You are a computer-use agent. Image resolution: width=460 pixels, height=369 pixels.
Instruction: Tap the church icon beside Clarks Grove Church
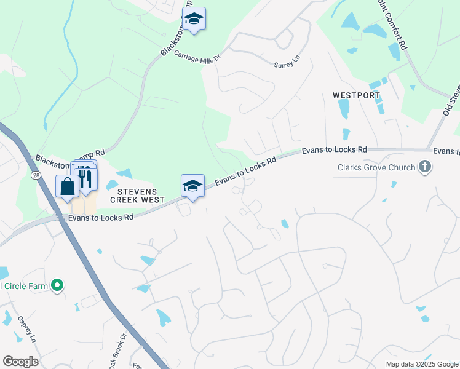click(424, 167)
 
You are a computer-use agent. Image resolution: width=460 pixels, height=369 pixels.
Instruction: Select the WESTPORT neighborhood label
click(356, 96)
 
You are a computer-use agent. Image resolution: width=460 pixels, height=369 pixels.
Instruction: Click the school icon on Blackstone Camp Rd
click(194, 19)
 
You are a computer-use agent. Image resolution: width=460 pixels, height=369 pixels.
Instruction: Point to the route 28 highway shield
click(36, 177)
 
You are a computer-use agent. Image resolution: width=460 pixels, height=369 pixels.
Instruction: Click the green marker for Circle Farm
click(57, 285)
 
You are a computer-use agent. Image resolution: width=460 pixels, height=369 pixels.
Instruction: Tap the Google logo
click(20, 362)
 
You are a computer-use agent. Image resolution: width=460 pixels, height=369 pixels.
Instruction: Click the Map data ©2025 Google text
click(421, 364)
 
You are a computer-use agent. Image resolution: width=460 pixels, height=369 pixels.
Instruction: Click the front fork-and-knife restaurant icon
click(85, 178)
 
